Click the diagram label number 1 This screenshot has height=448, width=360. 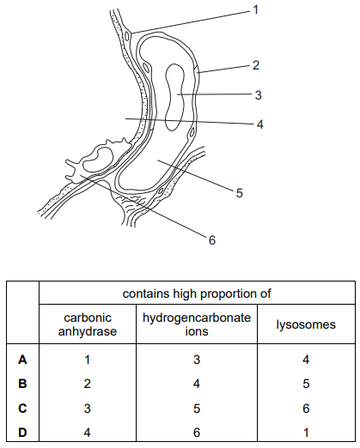(x=256, y=9)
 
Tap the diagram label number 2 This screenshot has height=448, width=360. (x=256, y=65)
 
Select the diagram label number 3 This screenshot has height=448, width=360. (x=259, y=95)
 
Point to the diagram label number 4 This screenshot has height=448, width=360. (x=259, y=124)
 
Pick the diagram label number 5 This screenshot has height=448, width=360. (x=240, y=193)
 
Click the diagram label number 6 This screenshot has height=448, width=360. (x=212, y=240)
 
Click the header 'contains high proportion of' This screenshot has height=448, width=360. (x=197, y=294)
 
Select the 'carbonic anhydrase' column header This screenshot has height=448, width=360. (x=88, y=324)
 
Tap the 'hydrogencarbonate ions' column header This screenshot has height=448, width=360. (x=197, y=324)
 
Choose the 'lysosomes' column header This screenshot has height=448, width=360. (x=306, y=324)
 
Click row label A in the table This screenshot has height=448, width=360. (x=22, y=360)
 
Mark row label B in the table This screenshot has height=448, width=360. (x=22, y=384)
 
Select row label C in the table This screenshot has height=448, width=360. (x=22, y=408)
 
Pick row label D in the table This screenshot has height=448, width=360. (x=22, y=432)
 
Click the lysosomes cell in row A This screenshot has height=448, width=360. (x=306, y=360)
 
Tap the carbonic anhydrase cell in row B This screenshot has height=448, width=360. (x=88, y=384)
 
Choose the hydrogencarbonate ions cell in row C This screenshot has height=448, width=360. (x=197, y=408)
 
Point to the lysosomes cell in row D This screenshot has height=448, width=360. (x=306, y=432)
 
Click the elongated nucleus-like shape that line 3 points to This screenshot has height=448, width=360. (x=174, y=97)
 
